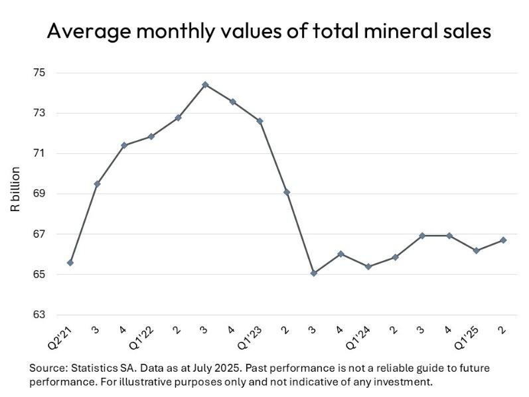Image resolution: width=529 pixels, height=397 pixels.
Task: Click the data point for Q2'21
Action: [70, 262]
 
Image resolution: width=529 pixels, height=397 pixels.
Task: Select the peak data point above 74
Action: [205, 84]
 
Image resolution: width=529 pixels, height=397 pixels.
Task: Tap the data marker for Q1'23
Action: [260, 121]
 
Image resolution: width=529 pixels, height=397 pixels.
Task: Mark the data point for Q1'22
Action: [151, 136]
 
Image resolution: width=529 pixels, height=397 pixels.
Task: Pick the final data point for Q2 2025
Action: [502, 240]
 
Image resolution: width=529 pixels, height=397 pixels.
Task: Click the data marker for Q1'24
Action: [368, 266]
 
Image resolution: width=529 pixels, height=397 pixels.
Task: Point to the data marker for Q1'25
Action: [476, 250]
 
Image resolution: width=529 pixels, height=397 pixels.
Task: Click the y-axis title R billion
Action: [15, 189]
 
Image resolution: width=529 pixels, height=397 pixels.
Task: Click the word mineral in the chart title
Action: [366, 31]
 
